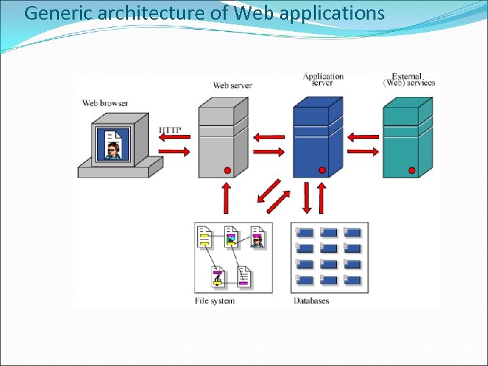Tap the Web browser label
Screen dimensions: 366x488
tap(105, 103)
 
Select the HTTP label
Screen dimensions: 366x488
tap(170, 129)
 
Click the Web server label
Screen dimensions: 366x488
tap(232, 85)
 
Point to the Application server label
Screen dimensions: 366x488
tap(323, 79)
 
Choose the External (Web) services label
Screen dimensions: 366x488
tap(409, 79)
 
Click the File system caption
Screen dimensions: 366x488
tap(214, 300)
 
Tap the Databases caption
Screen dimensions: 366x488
tap(311, 300)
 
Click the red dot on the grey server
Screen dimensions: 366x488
tap(228, 170)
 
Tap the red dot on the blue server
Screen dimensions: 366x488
tap(322, 170)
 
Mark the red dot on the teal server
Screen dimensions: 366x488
tap(411, 170)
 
